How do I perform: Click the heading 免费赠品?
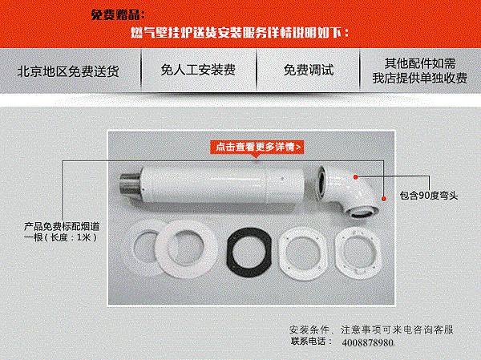(118, 14)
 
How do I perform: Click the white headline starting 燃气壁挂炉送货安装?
(240, 32)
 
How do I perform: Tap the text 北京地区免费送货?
(68, 71)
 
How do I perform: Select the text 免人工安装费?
(198, 70)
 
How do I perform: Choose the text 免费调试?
(309, 70)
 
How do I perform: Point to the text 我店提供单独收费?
(419, 78)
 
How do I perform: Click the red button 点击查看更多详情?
(257, 147)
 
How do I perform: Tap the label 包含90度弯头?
(429, 195)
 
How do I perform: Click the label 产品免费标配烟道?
(62, 226)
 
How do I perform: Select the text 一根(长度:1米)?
(60, 237)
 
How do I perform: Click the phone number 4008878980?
(368, 342)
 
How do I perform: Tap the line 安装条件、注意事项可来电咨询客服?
(371, 330)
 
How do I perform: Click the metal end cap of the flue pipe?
(129, 184)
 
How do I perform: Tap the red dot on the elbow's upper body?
(355, 176)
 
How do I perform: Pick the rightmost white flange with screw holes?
(358, 253)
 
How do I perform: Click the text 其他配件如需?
(420, 63)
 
